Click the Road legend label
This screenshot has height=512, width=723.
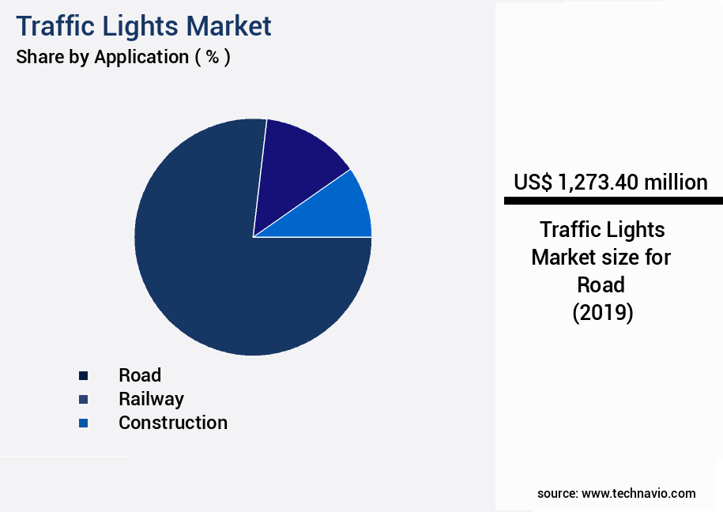(x=140, y=375)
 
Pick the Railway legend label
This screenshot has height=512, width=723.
(x=151, y=399)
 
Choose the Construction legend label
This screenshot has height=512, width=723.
(x=172, y=423)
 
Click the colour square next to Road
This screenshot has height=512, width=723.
(x=83, y=376)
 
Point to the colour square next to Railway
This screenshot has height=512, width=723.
(x=83, y=400)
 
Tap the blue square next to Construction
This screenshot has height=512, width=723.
(x=83, y=424)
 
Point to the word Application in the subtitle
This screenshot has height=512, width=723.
(x=140, y=58)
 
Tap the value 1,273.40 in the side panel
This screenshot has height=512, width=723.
(x=597, y=183)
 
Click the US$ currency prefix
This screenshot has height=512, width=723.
(x=533, y=183)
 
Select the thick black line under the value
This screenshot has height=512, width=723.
(x=613, y=201)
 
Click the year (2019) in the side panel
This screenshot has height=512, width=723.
(x=602, y=312)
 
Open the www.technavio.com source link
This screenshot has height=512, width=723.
(x=638, y=493)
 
